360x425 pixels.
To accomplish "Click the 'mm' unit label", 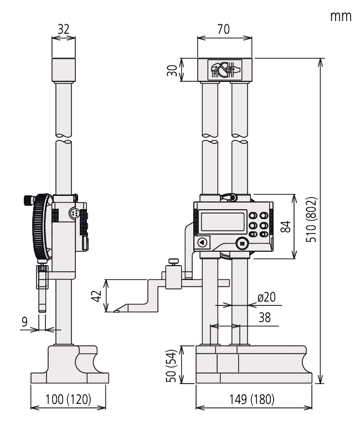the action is (x=341, y=17).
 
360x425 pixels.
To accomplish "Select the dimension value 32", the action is (x=64, y=29).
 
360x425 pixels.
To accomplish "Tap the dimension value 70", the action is (x=224, y=29).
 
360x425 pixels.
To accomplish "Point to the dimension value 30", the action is (x=172, y=70).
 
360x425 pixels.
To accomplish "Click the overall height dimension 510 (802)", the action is (x=311, y=219).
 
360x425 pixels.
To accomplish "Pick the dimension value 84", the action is (x=286, y=226).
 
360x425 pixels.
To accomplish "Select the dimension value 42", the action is (x=96, y=296).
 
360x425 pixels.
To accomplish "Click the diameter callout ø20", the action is (x=266, y=297).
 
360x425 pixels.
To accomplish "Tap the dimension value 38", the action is (x=265, y=318).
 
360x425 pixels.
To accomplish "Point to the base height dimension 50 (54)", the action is (x=171, y=365).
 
